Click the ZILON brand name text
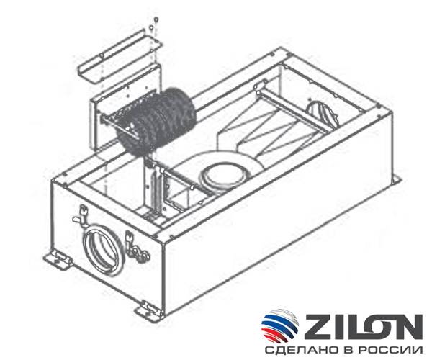point(364,325)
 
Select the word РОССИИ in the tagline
point(390,351)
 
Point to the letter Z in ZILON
point(314,325)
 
